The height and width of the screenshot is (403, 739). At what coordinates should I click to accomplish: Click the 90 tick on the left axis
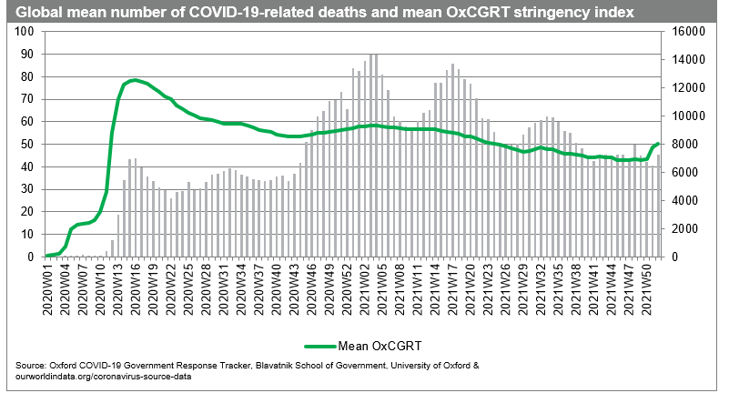(25, 54)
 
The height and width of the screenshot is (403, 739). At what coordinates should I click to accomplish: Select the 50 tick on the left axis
(25, 144)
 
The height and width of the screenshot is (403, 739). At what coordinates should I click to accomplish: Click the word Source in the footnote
(32, 365)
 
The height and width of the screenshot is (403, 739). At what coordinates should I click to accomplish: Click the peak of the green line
(135, 80)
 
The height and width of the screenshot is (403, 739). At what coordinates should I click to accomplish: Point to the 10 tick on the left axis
(25, 235)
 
